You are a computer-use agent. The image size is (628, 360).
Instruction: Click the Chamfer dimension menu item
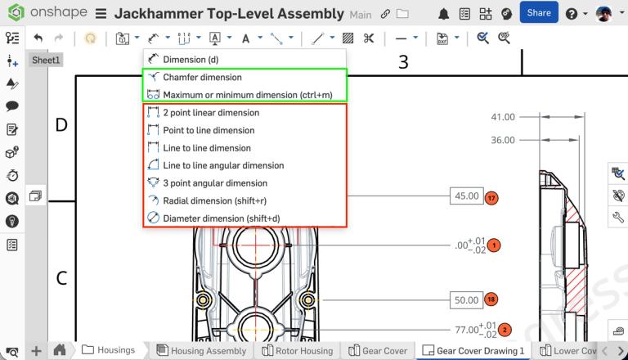202,77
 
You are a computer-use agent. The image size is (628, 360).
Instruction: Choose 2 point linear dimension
211,113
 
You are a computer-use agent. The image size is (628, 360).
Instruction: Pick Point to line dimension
209,130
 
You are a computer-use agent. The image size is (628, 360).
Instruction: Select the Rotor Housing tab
298,350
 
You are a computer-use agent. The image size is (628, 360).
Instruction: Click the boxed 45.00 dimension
466,196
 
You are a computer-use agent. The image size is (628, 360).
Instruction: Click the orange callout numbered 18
491,299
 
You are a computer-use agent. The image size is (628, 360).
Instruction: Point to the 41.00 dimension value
503,117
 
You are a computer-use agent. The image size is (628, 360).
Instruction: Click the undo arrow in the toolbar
38,38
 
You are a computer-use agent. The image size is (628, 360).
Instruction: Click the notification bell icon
443,14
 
